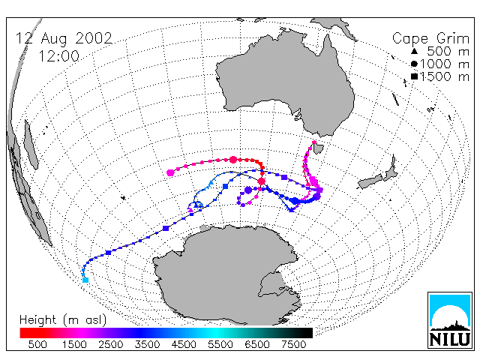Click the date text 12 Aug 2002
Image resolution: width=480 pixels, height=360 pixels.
click(x=64, y=39)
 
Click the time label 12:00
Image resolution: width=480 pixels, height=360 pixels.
click(x=59, y=56)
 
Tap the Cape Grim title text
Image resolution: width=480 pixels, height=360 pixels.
click(x=430, y=39)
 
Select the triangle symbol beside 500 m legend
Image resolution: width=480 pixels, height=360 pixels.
click(x=414, y=51)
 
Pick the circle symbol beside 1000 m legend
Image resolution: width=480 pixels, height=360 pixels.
click(x=414, y=64)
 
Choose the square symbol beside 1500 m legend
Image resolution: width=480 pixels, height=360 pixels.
click(x=414, y=76)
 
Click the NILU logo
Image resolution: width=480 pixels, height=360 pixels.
click(x=450, y=320)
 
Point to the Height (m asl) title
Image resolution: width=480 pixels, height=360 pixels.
click(x=63, y=320)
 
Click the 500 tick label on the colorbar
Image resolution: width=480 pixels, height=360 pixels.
click(x=37, y=345)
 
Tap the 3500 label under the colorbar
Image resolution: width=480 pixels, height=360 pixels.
click(x=147, y=345)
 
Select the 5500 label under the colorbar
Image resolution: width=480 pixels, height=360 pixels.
click(x=220, y=345)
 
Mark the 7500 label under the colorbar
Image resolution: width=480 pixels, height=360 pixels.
click(x=293, y=345)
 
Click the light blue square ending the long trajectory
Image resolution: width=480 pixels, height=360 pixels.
click(x=85, y=280)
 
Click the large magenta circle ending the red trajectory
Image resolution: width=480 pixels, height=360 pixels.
click(x=170, y=172)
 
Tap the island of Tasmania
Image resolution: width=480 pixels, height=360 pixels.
click(x=318, y=148)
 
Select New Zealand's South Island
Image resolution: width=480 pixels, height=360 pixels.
click(x=370, y=181)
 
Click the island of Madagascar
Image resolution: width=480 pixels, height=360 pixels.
click(x=31, y=145)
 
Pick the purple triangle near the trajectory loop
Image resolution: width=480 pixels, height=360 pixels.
click(x=190, y=210)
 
